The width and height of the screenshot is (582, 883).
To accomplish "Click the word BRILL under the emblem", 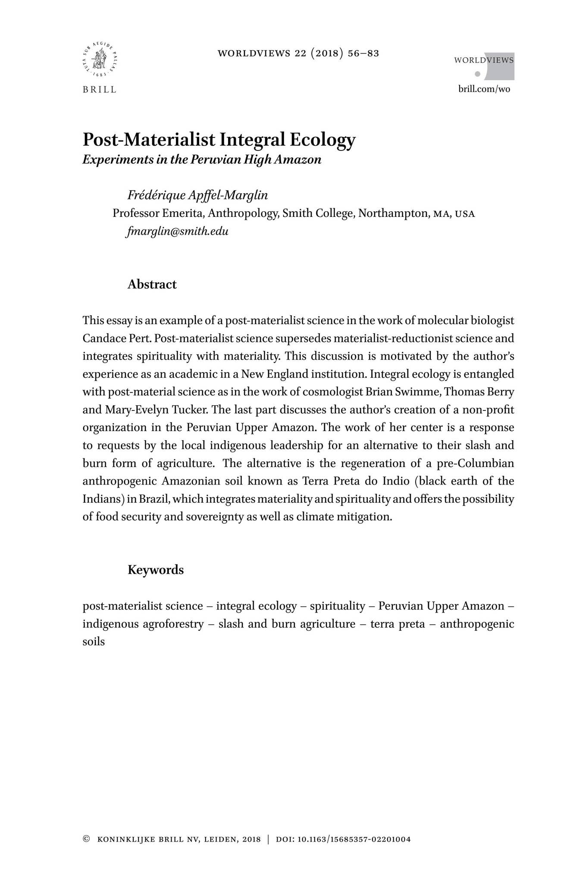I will click(x=100, y=90).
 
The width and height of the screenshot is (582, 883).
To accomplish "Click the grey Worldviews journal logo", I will click(x=484, y=66).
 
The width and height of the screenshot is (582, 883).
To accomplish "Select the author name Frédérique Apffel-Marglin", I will click(x=197, y=195).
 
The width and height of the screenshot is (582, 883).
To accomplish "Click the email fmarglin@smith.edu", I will click(x=178, y=232).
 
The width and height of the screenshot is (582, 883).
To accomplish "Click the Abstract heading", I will click(x=152, y=285).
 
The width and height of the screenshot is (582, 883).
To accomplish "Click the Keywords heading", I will click(x=155, y=570).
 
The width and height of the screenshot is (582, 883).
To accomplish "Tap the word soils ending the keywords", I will click(x=94, y=642).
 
